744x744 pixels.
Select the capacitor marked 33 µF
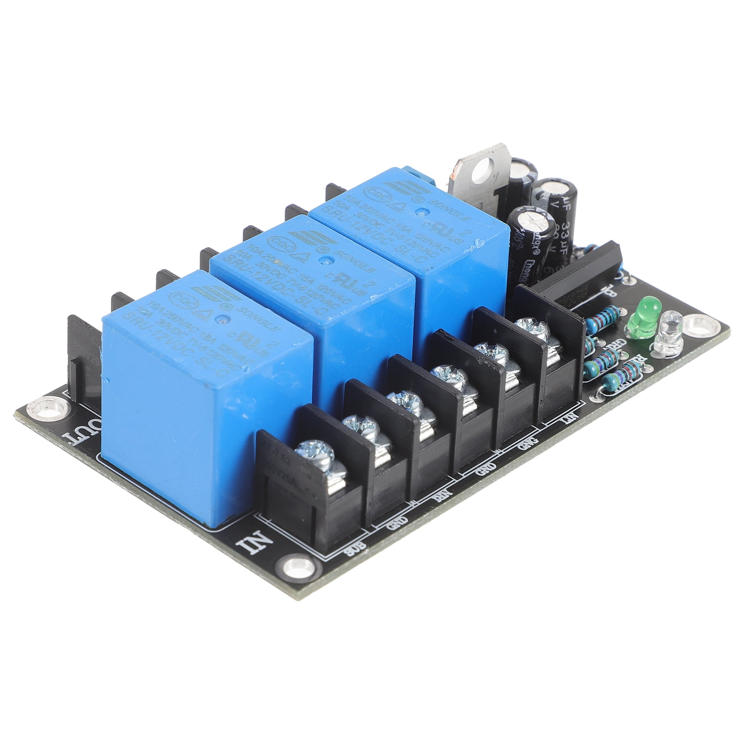pos(556,205)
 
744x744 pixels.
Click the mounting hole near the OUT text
pos(47,405)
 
